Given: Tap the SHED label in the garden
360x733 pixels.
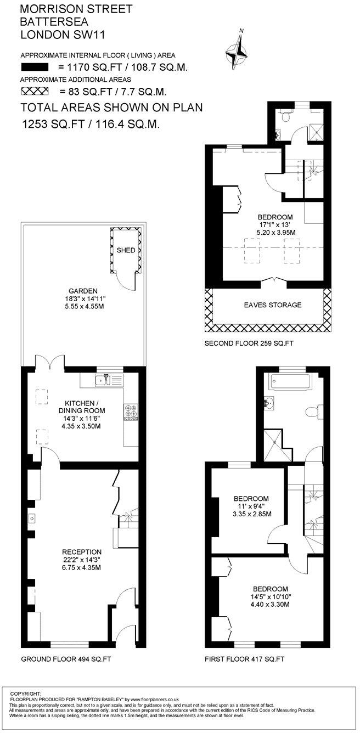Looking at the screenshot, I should click(125, 250).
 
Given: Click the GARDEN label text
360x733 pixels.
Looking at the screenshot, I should click(83, 291).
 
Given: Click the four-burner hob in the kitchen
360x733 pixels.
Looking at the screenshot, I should click(131, 412).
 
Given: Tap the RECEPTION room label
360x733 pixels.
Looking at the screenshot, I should click(82, 551).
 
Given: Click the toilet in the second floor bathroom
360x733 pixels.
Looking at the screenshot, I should click(285, 116).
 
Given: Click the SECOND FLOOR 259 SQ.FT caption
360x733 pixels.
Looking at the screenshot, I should click(249, 344).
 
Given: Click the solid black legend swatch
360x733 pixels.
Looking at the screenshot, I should click(35, 67).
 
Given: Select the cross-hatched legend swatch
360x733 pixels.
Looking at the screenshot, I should click(35, 92).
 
